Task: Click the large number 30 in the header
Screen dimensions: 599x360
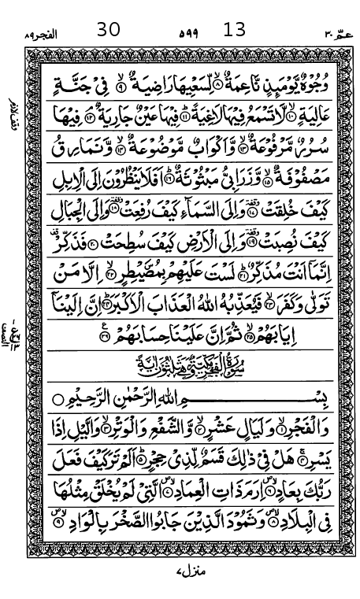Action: coord(108,30)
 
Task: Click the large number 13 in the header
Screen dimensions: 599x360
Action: coord(235,30)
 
